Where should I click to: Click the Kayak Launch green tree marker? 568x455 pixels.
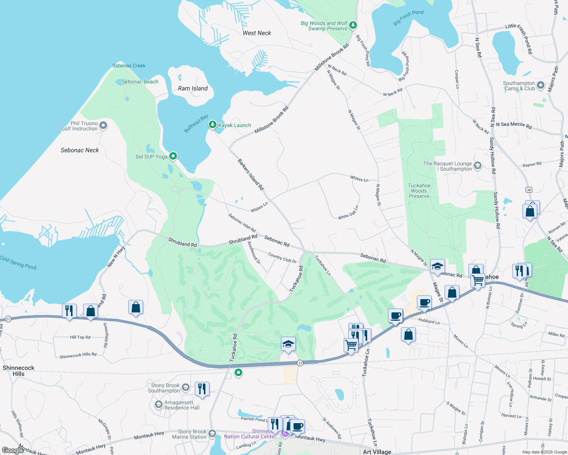pyautogui.click(x=213, y=124)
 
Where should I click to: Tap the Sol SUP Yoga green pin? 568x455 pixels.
pyautogui.click(x=173, y=156)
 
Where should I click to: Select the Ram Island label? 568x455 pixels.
pyautogui.click(x=193, y=88)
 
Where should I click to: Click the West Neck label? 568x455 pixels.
pyautogui.click(x=257, y=33)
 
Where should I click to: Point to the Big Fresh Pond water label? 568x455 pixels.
pyautogui.click(x=408, y=17)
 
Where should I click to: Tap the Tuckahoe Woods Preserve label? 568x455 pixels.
pyautogui.click(x=419, y=191)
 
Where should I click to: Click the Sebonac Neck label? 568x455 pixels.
pyautogui.click(x=80, y=150)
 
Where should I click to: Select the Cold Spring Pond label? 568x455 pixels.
pyautogui.click(x=18, y=262)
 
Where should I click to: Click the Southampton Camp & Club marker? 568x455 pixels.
pyautogui.click(x=541, y=85)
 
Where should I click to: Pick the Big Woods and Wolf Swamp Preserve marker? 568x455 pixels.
pyautogui.click(x=353, y=25)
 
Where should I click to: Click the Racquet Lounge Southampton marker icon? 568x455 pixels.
pyautogui.click(x=478, y=166)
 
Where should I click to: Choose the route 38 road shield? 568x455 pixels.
pyautogui.click(x=529, y=190)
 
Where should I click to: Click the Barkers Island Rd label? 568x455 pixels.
pyautogui.click(x=251, y=174)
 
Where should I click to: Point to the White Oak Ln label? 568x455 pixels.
pyautogui.click(x=348, y=213)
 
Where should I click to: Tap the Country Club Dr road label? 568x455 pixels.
pyautogui.click(x=282, y=257)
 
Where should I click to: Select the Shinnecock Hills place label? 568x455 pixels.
pyautogui.click(x=18, y=371)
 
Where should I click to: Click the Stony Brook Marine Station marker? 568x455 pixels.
pyautogui.click(x=212, y=434)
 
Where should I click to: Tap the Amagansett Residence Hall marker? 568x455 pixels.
pyautogui.click(x=158, y=405)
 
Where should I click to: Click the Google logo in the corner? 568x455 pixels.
pyautogui.click(x=13, y=450)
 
